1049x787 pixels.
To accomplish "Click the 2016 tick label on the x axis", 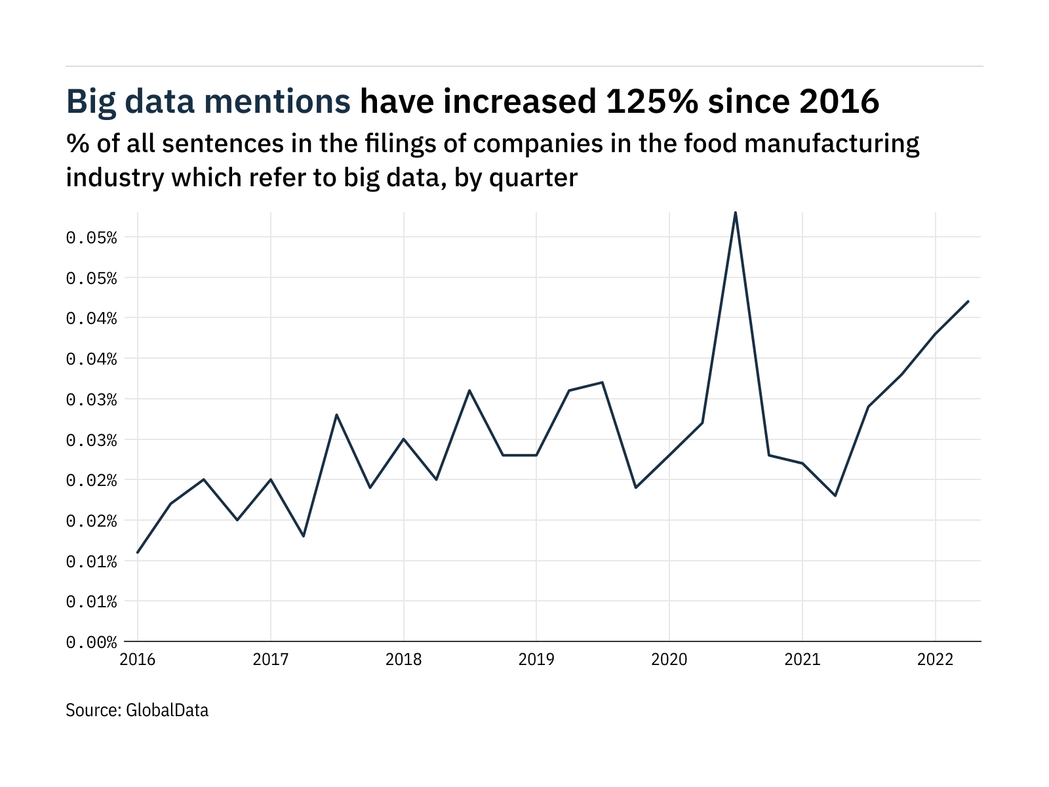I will pyautogui.click(x=138, y=659).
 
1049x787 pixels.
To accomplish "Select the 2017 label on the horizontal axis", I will pyautogui.click(x=270, y=659).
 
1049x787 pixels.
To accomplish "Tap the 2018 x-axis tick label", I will pyautogui.click(x=403, y=659).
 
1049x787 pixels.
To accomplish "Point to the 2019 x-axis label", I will pyautogui.click(x=536, y=659).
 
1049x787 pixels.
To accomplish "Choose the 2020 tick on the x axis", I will pyautogui.click(x=669, y=659).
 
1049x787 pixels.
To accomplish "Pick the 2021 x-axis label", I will pyautogui.click(x=802, y=659).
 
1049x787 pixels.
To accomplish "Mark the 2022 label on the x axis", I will pyautogui.click(x=935, y=659).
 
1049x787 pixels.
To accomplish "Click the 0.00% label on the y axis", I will pyautogui.click(x=91, y=642).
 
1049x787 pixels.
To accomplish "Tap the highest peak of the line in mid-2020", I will pyautogui.click(x=736, y=212).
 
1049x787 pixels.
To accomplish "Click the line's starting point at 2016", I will pyautogui.click(x=138, y=552).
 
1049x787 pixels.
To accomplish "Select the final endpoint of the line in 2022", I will pyautogui.click(x=968, y=302).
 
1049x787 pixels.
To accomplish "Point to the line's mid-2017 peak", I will pyautogui.click(x=336, y=414).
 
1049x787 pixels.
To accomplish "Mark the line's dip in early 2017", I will pyautogui.click(x=304, y=536).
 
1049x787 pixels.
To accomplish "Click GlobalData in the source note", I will pyautogui.click(x=167, y=710).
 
